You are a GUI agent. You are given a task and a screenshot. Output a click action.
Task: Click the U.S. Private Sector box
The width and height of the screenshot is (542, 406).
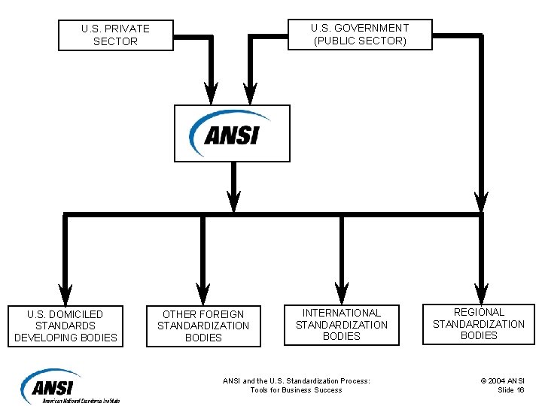coord(115,35)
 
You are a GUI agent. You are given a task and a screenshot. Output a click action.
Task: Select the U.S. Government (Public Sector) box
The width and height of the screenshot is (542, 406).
coord(360,35)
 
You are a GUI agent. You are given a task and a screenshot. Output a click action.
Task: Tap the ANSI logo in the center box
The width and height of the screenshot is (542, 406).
coord(231,133)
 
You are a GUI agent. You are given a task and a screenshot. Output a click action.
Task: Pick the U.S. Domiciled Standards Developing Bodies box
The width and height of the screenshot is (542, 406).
coord(65,326)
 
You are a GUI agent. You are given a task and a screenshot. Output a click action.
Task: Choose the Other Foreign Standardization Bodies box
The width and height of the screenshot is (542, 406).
coord(203,326)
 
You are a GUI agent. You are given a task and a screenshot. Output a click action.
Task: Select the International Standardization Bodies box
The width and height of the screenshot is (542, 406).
coord(341,324)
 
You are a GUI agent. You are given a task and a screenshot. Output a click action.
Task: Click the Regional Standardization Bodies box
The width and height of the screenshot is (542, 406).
coord(478,324)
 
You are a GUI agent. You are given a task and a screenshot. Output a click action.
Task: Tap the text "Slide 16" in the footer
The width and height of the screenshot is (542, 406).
coord(511,390)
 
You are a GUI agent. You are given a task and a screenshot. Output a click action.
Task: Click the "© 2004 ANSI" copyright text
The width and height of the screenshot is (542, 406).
coord(504,380)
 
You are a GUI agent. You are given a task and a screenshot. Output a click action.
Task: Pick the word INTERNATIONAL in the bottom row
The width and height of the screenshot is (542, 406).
coord(342,312)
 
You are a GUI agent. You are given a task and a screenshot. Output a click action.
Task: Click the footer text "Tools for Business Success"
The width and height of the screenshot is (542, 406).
coord(296,390)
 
